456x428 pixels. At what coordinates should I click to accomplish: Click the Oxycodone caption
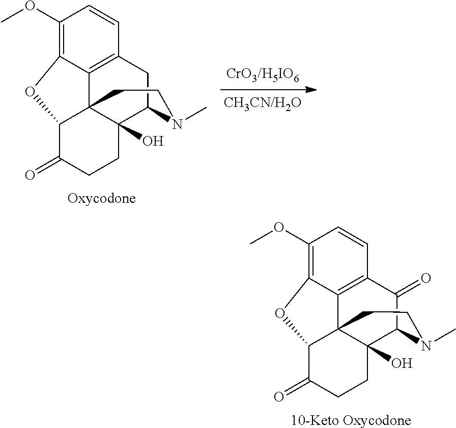click(102, 198)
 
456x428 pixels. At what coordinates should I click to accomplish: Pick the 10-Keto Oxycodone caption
click(351, 420)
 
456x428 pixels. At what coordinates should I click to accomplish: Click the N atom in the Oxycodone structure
click(177, 124)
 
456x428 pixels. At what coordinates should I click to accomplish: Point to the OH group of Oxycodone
click(152, 141)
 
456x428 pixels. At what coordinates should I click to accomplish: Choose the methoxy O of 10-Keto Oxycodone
click(279, 228)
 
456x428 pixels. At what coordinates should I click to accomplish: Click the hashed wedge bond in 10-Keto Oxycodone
click(297, 333)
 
